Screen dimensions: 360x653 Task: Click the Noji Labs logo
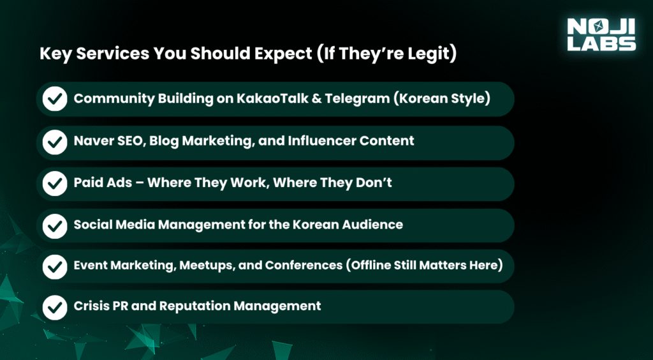(601, 34)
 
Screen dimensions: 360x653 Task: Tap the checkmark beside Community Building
(55, 99)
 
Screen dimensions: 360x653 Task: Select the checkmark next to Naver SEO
(55, 141)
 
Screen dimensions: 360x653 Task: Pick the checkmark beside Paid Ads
(55, 183)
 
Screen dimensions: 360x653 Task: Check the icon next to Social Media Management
(55, 225)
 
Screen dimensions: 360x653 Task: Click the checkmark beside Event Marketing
(55, 266)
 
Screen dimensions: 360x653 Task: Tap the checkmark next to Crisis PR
(55, 307)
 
